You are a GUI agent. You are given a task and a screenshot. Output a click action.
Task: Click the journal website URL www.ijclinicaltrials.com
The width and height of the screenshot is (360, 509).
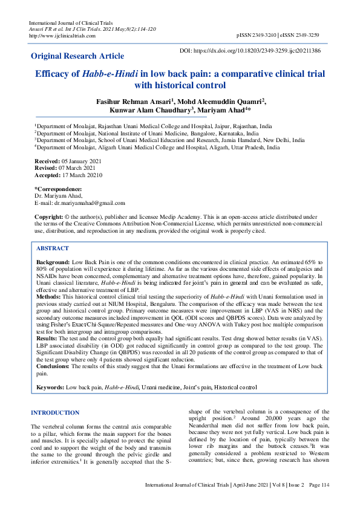point(62,36)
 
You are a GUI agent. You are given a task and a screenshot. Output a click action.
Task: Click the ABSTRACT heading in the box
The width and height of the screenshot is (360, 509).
point(53,248)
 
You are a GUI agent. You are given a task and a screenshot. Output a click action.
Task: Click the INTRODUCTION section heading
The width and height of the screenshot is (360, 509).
point(54,413)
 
